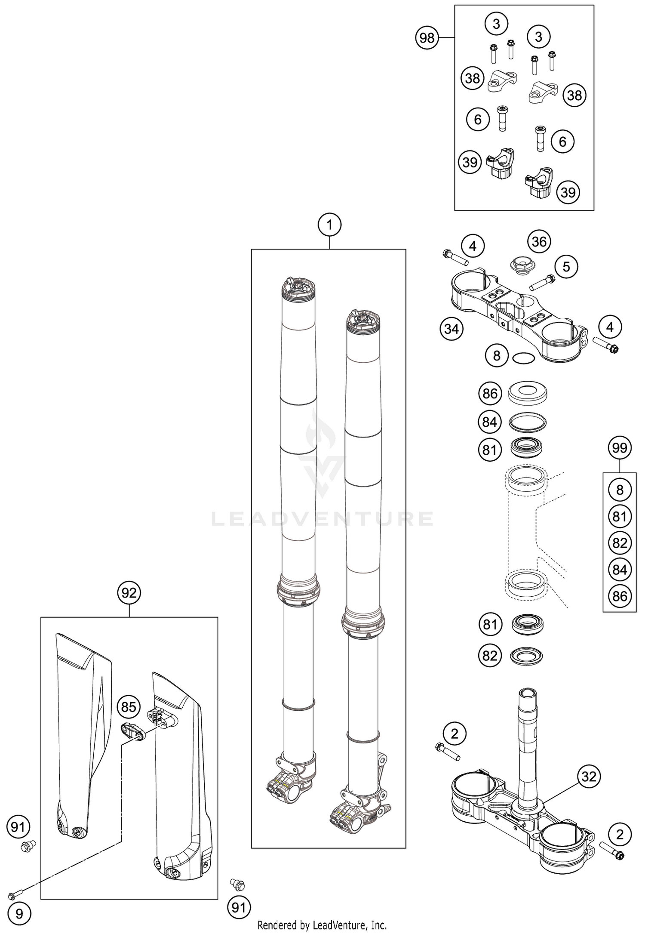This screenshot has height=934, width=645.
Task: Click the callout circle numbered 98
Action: [x=427, y=38]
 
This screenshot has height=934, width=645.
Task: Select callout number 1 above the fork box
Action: [x=329, y=225]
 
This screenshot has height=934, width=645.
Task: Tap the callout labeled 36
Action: [x=539, y=241]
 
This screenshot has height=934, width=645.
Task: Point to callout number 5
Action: [x=566, y=267]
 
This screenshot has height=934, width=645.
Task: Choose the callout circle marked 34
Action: [x=451, y=329]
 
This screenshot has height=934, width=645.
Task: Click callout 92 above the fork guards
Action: [x=129, y=593]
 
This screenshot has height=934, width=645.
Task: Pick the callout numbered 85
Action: [x=129, y=707]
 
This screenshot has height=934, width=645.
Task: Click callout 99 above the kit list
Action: [x=620, y=448]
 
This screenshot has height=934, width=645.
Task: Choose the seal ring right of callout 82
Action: [x=526, y=656]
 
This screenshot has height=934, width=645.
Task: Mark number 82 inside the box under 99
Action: [x=620, y=543]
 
